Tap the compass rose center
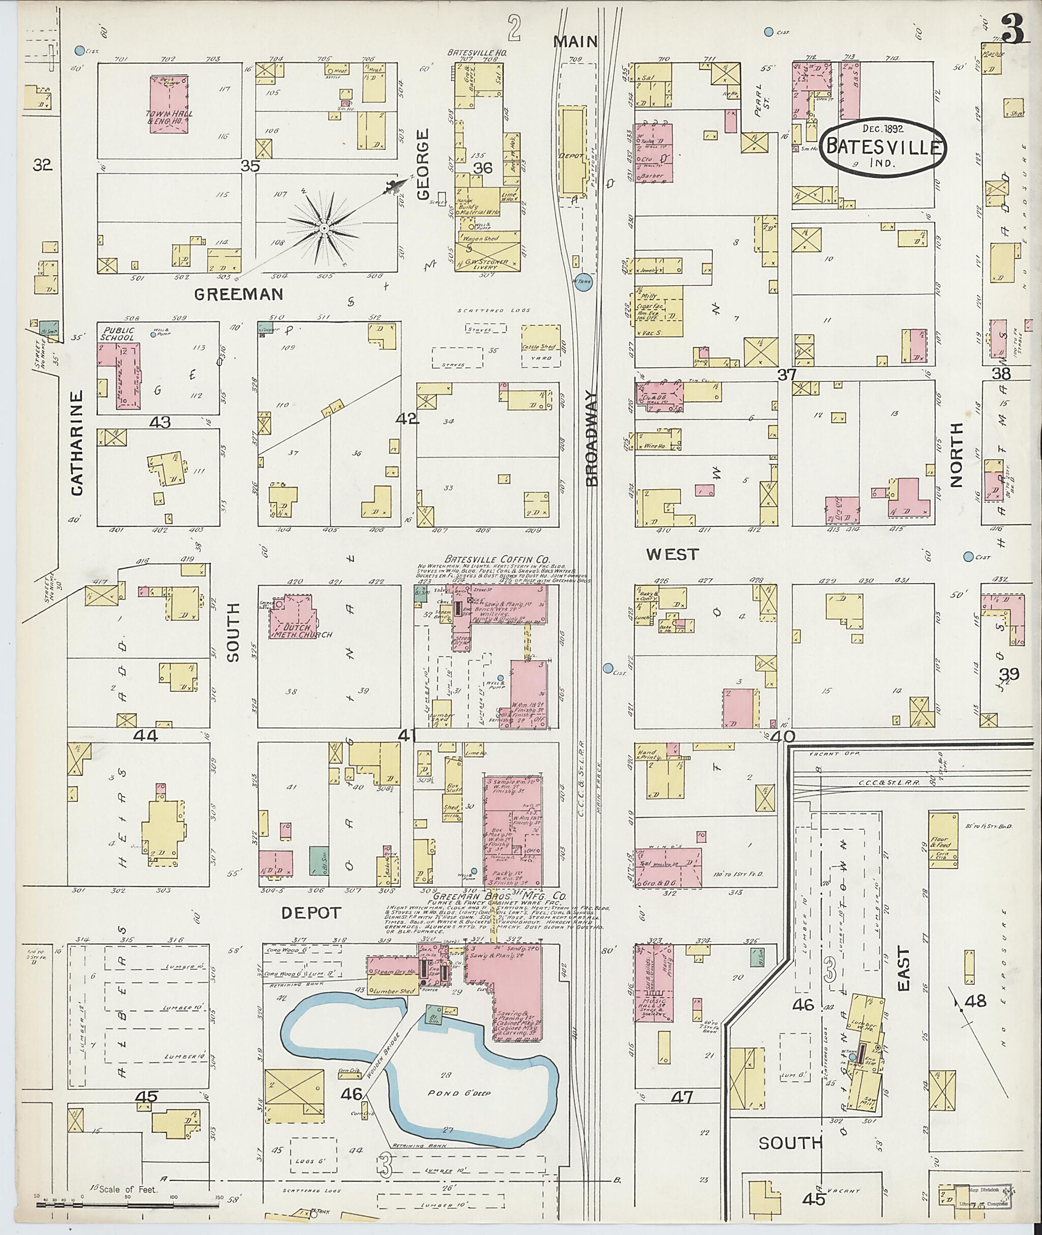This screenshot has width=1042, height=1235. [x=323, y=227]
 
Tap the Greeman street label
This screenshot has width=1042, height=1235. [x=239, y=293]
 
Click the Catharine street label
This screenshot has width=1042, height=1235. [x=77, y=442]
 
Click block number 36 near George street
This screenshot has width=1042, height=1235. [x=483, y=168]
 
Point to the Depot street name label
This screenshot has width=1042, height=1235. [x=310, y=913]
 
